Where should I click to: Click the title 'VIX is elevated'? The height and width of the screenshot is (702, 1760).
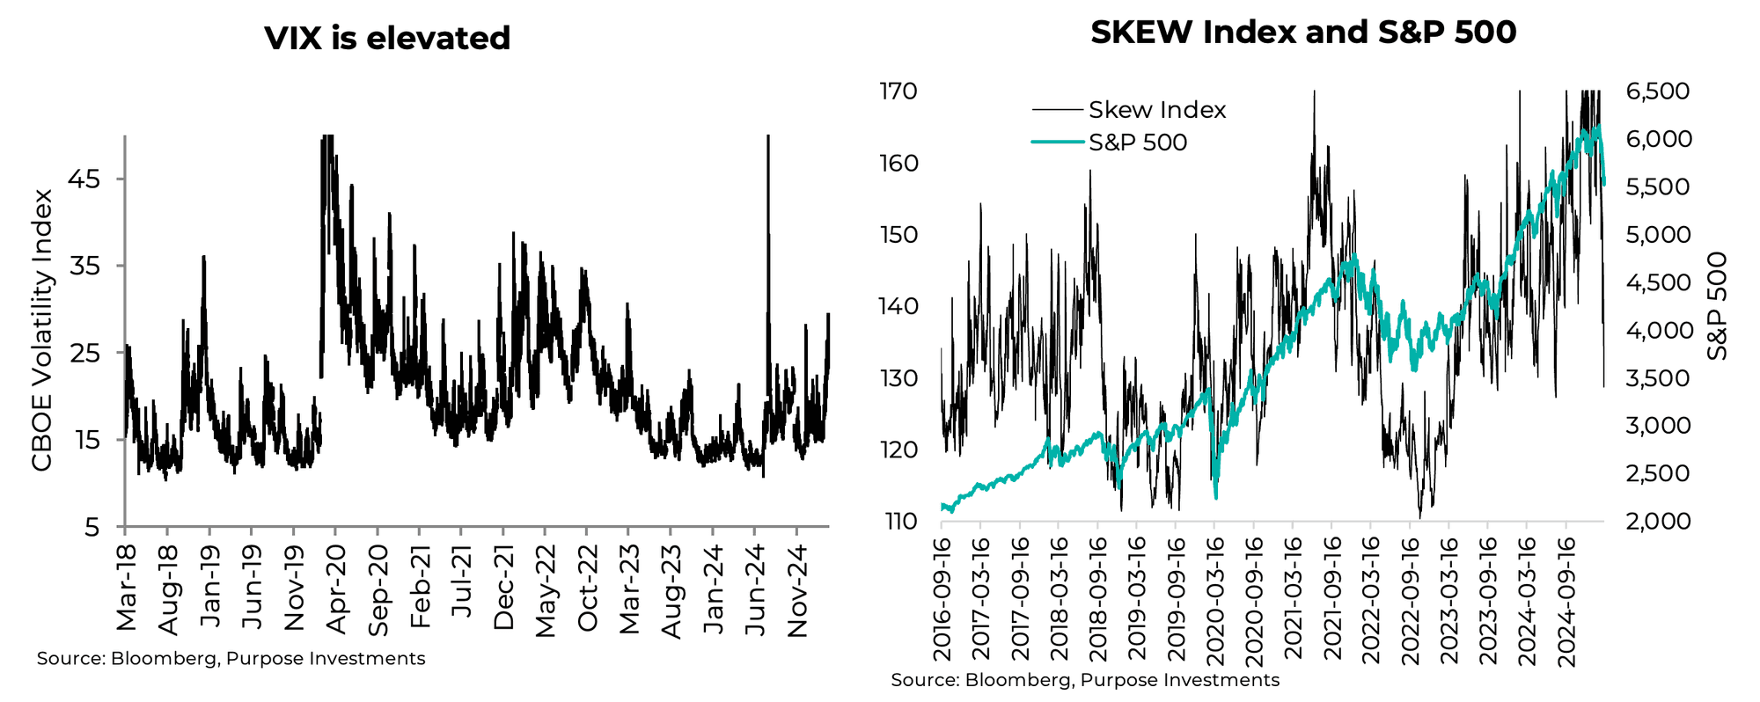387,39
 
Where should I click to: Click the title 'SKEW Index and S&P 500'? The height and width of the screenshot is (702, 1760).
1303,33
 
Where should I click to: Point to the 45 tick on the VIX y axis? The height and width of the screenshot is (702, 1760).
91,179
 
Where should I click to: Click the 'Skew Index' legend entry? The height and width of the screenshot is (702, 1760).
1156,110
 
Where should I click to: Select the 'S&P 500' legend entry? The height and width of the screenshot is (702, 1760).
1137,143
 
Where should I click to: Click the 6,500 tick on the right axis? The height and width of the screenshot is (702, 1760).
1658,91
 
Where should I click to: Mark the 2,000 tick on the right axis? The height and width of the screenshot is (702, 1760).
1658,522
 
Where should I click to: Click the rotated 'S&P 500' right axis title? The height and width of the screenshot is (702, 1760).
1717,305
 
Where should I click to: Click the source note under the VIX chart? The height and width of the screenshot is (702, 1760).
231,659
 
